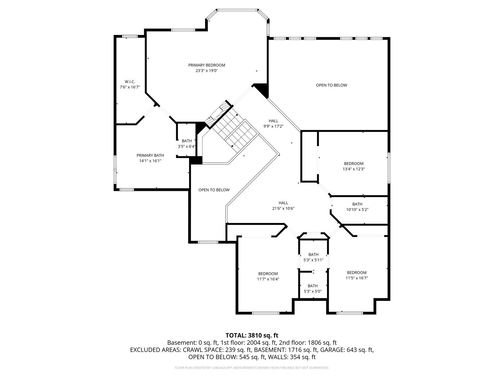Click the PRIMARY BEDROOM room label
207,65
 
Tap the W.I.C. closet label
130,82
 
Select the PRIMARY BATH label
150,155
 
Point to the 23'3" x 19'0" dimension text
207,71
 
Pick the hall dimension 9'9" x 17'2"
273,126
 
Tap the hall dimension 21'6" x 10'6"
283,209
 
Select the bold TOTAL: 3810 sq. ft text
252,335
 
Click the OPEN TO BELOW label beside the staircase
214,190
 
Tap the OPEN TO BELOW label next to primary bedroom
332,85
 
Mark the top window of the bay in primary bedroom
238,10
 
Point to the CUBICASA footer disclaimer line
252,368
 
